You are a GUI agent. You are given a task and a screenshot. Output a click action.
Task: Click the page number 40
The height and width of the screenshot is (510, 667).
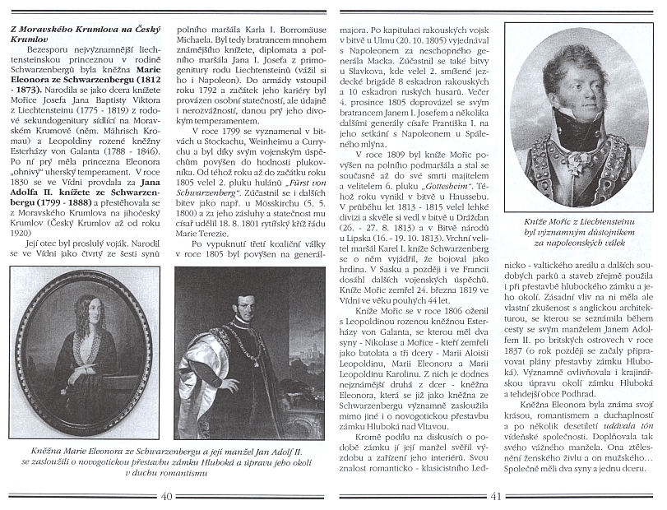tap(168, 496)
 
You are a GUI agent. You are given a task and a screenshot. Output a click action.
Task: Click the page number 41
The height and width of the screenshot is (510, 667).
tap(495, 496)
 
